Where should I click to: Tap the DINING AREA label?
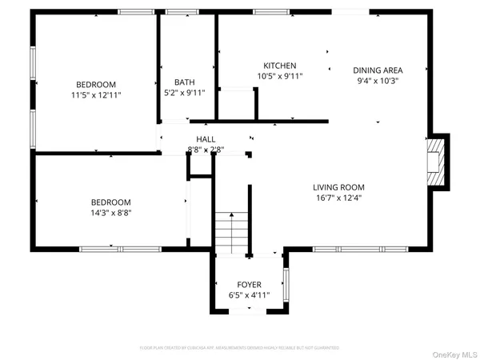pyautogui.click(x=378, y=70)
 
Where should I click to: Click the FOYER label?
pyautogui.click(x=249, y=285)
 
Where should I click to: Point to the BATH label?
pyautogui.click(x=185, y=82)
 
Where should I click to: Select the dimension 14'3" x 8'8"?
pyautogui.click(x=110, y=214)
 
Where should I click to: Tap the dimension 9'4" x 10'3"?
pyautogui.click(x=378, y=80)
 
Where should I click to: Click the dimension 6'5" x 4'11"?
pyautogui.click(x=249, y=295)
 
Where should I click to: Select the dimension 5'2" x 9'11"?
pyautogui.click(x=185, y=93)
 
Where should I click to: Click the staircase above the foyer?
pyautogui.click(x=233, y=232)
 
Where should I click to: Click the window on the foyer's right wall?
pyautogui.click(x=286, y=284)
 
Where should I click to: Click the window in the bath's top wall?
pyautogui.click(x=178, y=11)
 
